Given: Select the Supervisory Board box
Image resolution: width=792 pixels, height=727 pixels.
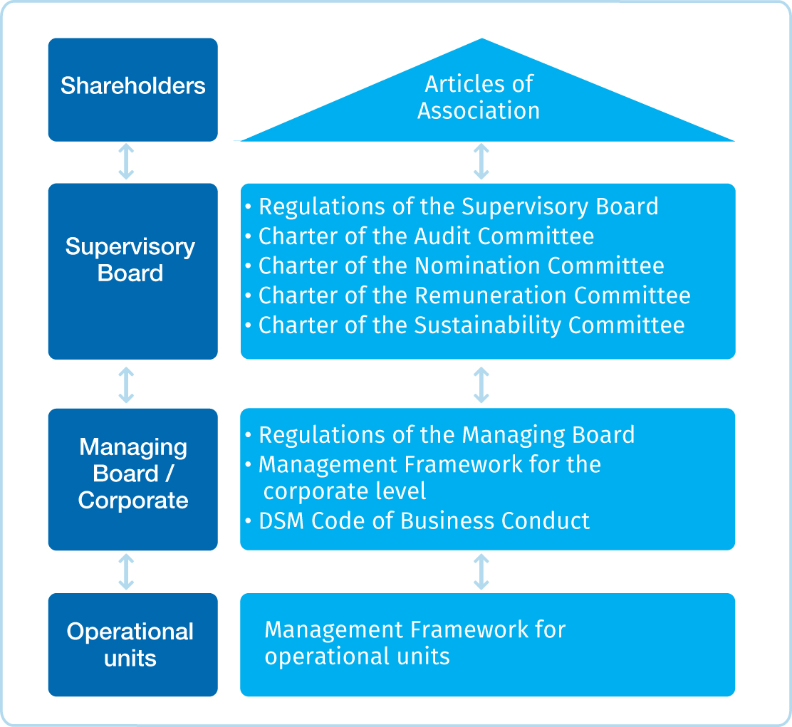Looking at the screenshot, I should click(132, 271).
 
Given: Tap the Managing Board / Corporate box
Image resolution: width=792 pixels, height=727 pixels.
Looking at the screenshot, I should click(132, 478).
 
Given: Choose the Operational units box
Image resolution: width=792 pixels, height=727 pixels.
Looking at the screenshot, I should click(132, 644).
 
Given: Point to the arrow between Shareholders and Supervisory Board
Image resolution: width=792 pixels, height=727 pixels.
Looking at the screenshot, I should click(126, 162).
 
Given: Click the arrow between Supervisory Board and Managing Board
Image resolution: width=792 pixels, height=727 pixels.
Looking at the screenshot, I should click(126, 384).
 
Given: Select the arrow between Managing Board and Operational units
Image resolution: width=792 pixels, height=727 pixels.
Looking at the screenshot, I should click(126, 572).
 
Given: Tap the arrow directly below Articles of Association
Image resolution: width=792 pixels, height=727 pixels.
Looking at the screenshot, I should click(481, 162).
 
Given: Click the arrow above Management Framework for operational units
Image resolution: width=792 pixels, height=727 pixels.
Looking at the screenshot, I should click(481, 572).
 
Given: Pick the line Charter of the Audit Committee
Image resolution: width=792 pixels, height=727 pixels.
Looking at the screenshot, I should click(426, 236).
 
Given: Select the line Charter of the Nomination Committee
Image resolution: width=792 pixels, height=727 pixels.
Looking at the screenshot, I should click(461, 266).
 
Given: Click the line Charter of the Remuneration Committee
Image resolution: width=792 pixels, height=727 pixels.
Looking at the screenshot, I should click(474, 295).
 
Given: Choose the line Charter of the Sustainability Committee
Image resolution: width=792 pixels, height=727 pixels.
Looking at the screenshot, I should click(471, 325).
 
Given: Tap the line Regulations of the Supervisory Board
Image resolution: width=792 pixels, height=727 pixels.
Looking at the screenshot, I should click(458, 206).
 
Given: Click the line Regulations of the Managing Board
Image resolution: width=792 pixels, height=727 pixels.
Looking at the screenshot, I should click(447, 434).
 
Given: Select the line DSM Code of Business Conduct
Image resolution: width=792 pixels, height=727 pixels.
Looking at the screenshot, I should click(424, 521).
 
